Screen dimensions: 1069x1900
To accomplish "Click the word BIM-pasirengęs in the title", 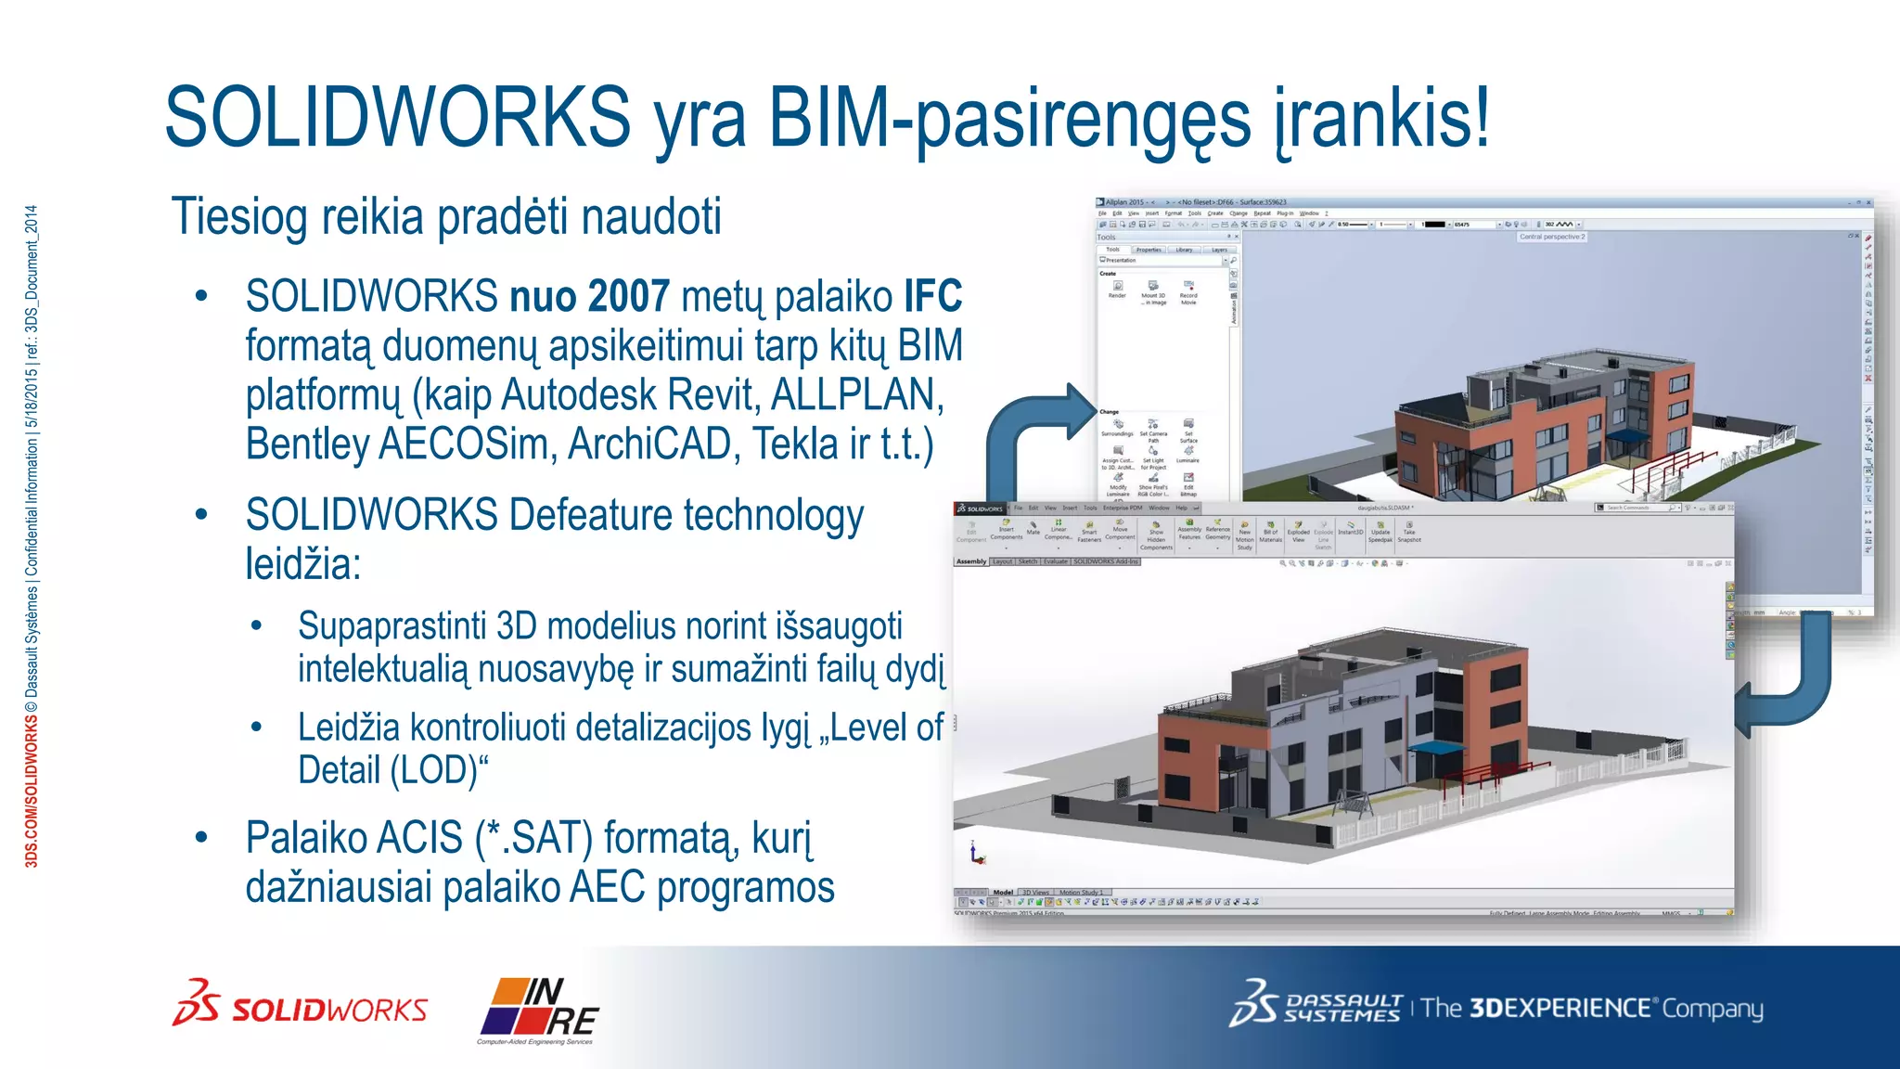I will coord(1009,119).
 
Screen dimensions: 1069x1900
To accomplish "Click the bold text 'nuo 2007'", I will coord(589,297).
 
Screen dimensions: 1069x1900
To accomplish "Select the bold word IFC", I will coord(932,297).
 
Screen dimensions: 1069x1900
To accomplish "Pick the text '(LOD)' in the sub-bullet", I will coord(439,770).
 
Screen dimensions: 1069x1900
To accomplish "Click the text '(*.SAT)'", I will coord(533,838).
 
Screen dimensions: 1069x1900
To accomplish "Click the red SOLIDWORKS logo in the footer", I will coord(301,1006).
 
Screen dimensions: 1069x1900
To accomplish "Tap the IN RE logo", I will coord(539,1009).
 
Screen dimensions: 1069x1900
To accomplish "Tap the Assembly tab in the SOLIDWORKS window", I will coord(971,561).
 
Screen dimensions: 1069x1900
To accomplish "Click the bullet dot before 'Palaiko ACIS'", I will coord(201,838).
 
